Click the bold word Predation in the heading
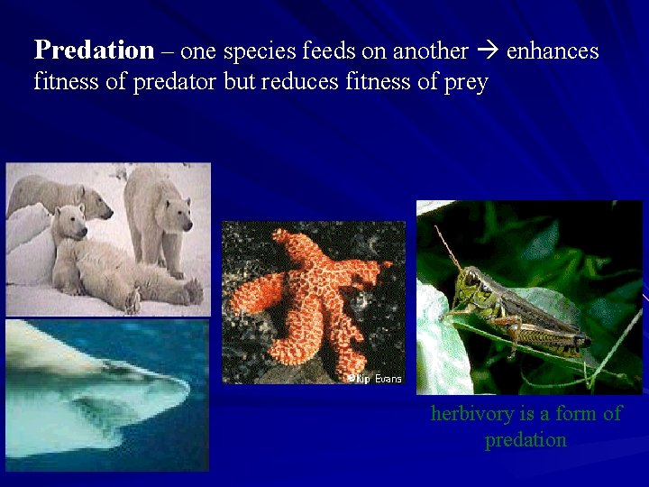point(94,51)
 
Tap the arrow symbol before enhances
point(486,51)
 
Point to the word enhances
point(553,51)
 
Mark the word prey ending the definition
point(466,84)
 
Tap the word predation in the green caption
point(526,440)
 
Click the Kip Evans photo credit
point(375,379)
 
